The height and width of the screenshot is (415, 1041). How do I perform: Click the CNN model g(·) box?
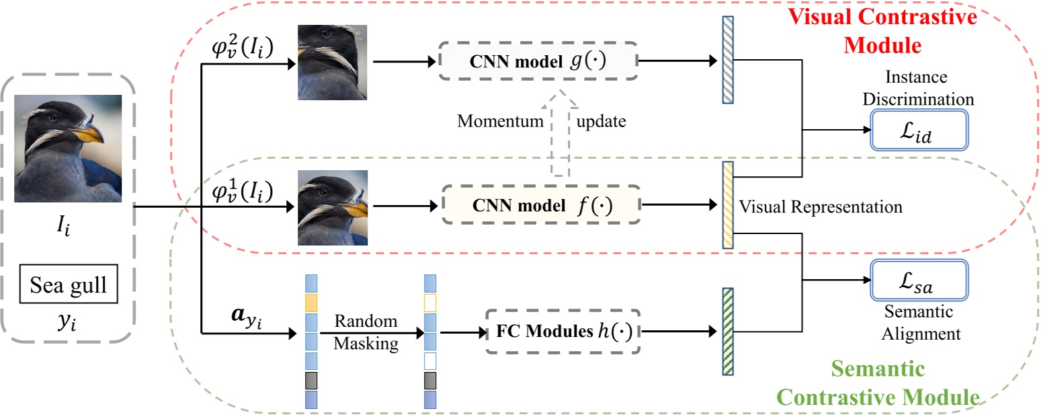(538, 61)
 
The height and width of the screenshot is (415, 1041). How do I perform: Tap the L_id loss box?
(918, 130)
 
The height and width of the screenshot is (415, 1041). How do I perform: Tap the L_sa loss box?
(918, 279)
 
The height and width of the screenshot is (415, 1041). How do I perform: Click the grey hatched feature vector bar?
(727, 60)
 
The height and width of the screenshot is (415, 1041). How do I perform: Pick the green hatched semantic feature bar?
(727, 331)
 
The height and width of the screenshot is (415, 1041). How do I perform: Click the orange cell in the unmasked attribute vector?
(310, 301)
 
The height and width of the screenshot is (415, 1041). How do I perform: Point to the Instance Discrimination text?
(918, 88)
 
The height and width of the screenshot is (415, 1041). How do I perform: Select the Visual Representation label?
(820, 206)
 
